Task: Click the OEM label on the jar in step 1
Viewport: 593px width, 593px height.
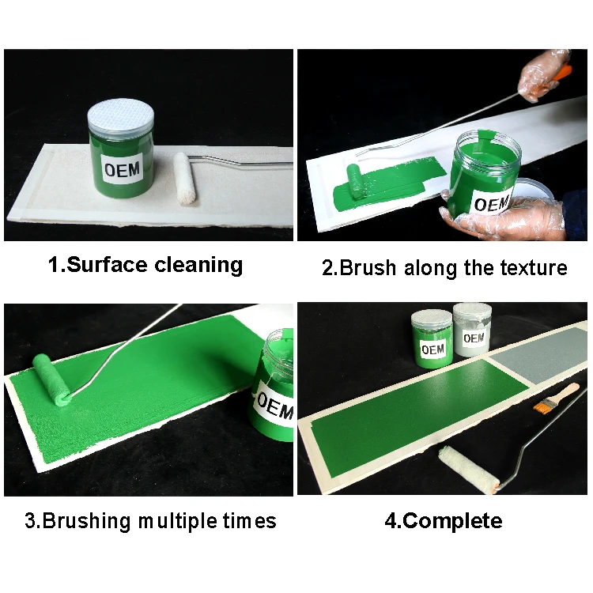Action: click(123, 168)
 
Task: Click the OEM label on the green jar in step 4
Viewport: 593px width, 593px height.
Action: click(432, 349)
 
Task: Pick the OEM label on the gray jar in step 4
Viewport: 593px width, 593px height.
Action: click(473, 338)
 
